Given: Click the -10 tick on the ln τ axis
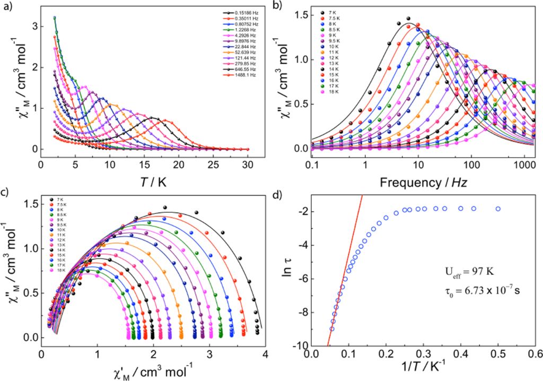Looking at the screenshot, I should point(301,345).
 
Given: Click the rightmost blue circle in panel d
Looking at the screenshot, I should point(498,209).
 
